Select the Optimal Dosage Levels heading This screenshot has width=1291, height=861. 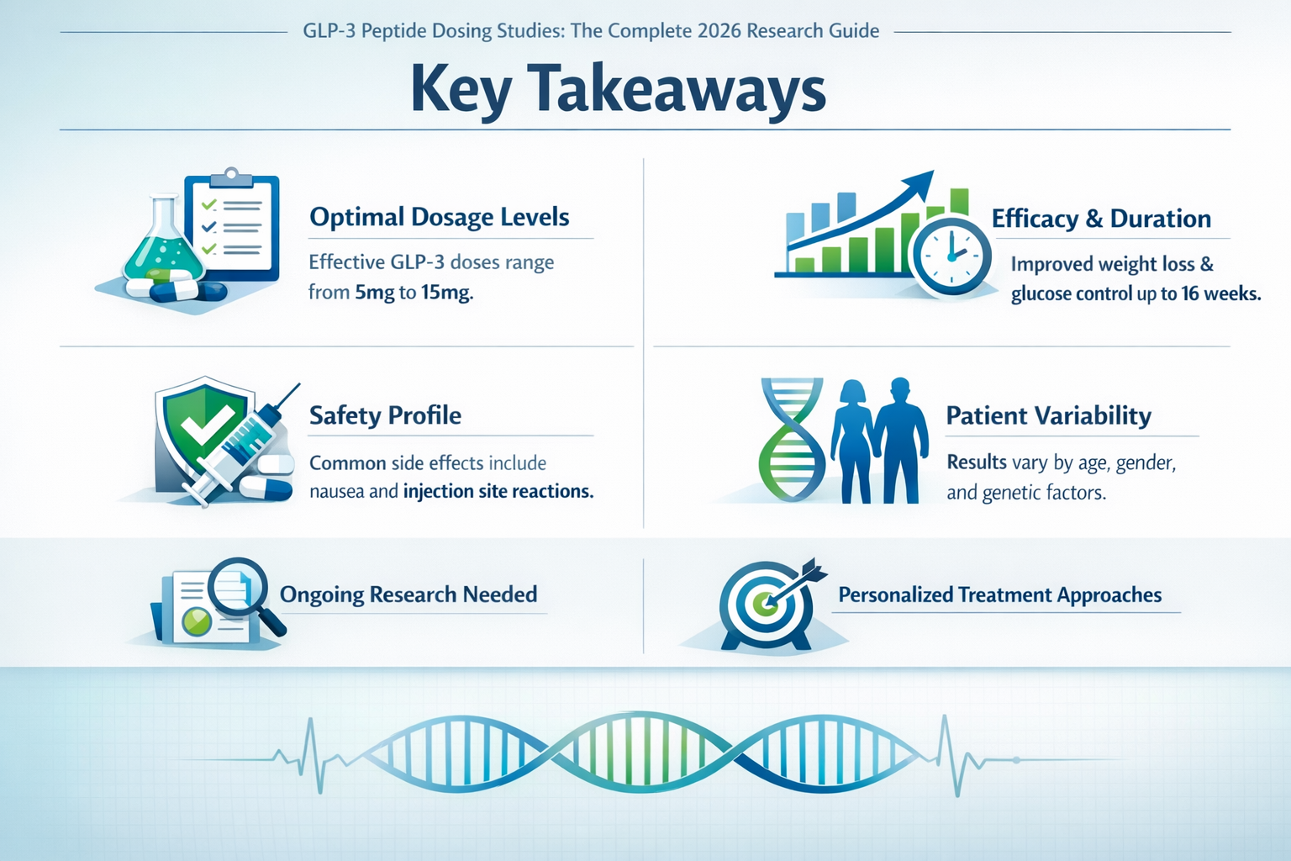click(x=439, y=217)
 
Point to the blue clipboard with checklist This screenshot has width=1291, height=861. click(x=233, y=227)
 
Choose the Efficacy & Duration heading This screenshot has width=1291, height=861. click(x=1100, y=219)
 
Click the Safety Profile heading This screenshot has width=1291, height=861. click(x=385, y=415)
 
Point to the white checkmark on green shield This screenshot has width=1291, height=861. click(x=205, y=425)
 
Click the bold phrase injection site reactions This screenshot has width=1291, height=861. click(x=498, y=491)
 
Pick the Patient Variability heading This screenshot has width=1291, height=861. click(x=1048, y=415)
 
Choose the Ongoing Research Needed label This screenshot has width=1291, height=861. click(x=408, y=594)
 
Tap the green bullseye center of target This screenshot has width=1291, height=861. click(x=764, y=603)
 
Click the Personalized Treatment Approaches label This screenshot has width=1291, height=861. click(x=999, y=595)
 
